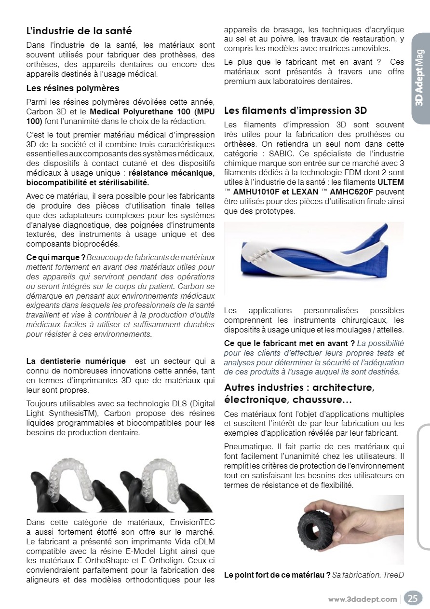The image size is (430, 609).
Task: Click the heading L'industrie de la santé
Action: point(79,31)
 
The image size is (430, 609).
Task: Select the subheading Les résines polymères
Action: point(73,88)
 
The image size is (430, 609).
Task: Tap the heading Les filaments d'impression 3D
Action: point(296,111)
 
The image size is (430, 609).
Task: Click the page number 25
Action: point(413,598)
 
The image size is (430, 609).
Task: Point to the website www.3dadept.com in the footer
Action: point(363,599)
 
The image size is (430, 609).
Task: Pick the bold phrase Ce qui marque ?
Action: point(55,257)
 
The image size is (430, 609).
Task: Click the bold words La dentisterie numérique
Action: point(76,361)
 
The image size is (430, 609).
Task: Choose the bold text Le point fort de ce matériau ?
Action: point(277,575)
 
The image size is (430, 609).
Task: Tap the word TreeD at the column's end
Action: point(393,575)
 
